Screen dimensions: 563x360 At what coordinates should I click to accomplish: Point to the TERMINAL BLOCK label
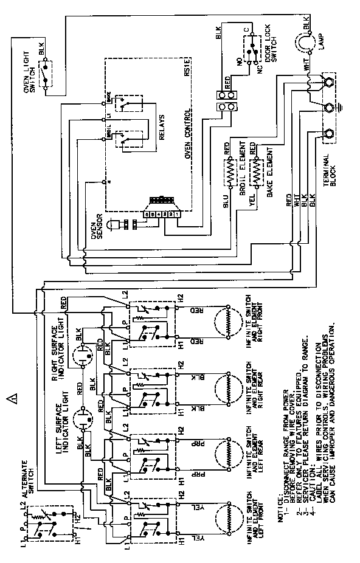(337, 165)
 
